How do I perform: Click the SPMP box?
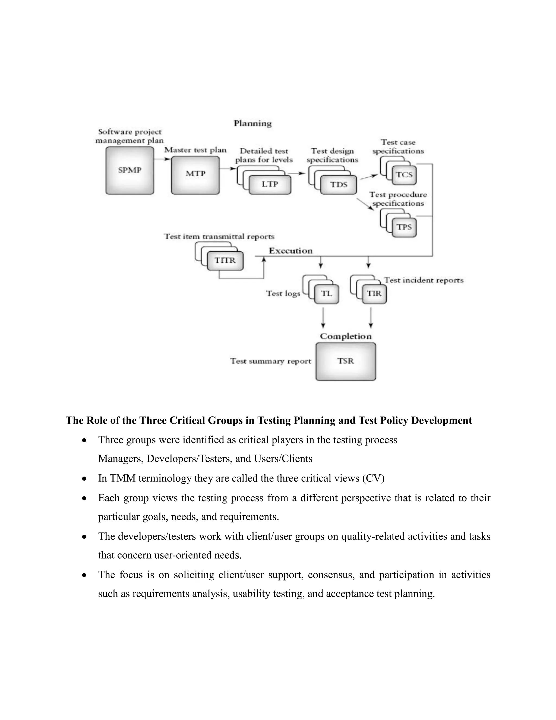130,170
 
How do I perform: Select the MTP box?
195,175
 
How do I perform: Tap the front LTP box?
270,184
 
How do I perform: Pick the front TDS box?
339,185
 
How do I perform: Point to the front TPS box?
404,227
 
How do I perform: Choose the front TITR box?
225,261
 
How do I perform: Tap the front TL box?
326,294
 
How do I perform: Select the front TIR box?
374,294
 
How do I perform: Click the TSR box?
346,361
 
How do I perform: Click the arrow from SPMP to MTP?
162,159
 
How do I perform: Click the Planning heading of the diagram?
253,124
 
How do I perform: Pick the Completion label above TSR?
346,336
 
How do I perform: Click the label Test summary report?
270,361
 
